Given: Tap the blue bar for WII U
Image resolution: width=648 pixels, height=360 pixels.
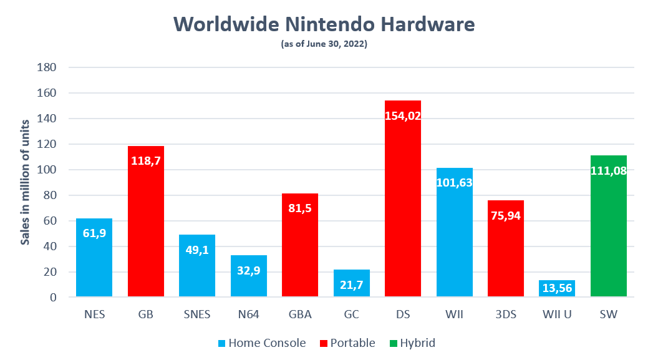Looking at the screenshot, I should point(558,289).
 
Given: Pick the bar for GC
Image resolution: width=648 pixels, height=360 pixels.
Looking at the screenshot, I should point(352,284).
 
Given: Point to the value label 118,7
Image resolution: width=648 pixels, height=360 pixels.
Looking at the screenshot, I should point(146,160).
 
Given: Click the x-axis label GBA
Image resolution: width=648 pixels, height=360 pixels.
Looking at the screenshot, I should point(300,314).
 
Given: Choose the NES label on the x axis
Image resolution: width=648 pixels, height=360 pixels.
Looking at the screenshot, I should point(94,314).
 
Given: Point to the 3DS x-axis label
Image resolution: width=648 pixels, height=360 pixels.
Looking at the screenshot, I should point(506,314).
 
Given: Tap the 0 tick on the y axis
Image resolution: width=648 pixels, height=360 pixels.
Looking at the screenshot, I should point(53,298).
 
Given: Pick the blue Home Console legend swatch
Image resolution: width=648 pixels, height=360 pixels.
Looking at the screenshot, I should point(221,343).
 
